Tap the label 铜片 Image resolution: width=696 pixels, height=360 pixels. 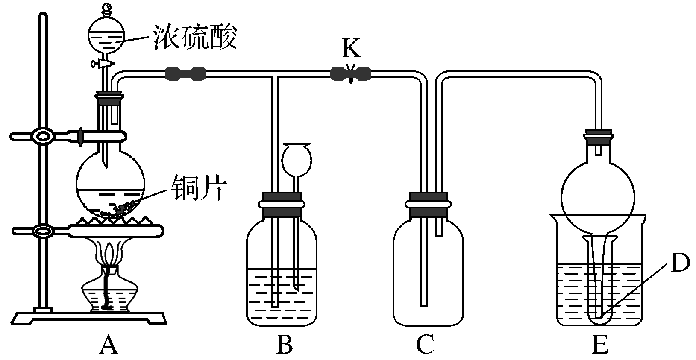(198, 188)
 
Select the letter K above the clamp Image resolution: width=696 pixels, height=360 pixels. (351, 49)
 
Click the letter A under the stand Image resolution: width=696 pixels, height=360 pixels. (108, 344)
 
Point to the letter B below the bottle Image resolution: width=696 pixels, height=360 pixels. (284, 344)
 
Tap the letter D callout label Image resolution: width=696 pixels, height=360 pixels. (679, 263)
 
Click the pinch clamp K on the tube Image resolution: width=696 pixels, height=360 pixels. (351, 75)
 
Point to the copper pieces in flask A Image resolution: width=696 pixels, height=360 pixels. (122, 209)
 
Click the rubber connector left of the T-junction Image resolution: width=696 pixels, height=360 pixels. (185, 74)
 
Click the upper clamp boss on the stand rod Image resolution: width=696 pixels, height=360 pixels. (43, 137)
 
